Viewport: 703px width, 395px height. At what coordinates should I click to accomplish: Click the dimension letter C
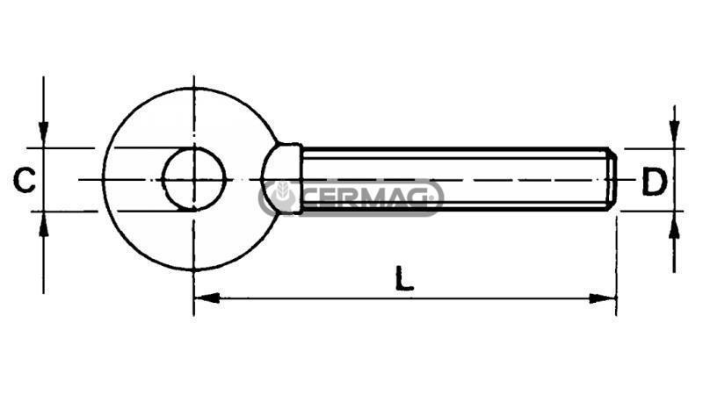click(x=25, y=180)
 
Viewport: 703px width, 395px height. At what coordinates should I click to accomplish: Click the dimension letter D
click(x=654, y=181)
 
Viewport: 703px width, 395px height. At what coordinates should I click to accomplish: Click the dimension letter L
click(x=404, y=277)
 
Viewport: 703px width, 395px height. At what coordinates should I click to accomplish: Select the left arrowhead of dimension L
click(x=207, y=298)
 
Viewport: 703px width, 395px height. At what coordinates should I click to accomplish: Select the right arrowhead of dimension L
click(x=603, y=298)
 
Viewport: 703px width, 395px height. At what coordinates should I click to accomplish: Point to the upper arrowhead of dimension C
click(x=43, y=133)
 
